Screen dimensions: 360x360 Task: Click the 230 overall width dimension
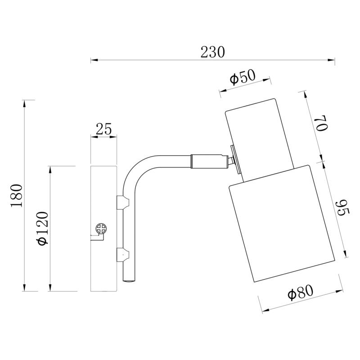(x=212, y=52)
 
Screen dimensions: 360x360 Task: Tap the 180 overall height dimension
(x=17, y=196)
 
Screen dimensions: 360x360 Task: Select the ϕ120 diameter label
(x=43, y=229)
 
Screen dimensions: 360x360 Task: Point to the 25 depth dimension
(x=104, y=129)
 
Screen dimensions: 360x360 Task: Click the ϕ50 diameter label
(x=243, y=76)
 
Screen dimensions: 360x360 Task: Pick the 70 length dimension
(x=321, y=123)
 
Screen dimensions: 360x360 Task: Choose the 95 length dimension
(x=342, y=208)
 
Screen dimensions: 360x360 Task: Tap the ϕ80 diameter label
(x=300, y=292)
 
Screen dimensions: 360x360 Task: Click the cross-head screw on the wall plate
(x=101, y=229)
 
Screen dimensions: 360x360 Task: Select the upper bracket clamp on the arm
(x=123, y=202)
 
